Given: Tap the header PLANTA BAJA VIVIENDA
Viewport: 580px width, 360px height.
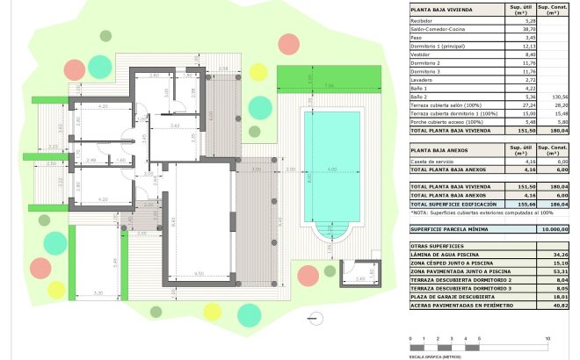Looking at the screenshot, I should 441,11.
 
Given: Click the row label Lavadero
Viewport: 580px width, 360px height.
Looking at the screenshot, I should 423,79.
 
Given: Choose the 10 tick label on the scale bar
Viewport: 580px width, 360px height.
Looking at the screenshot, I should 547,337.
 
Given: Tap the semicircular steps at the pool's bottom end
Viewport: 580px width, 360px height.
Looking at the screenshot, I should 331,234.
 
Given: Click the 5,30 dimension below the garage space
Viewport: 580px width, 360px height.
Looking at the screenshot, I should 98,292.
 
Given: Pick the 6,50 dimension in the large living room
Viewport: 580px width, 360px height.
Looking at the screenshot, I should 199,274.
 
